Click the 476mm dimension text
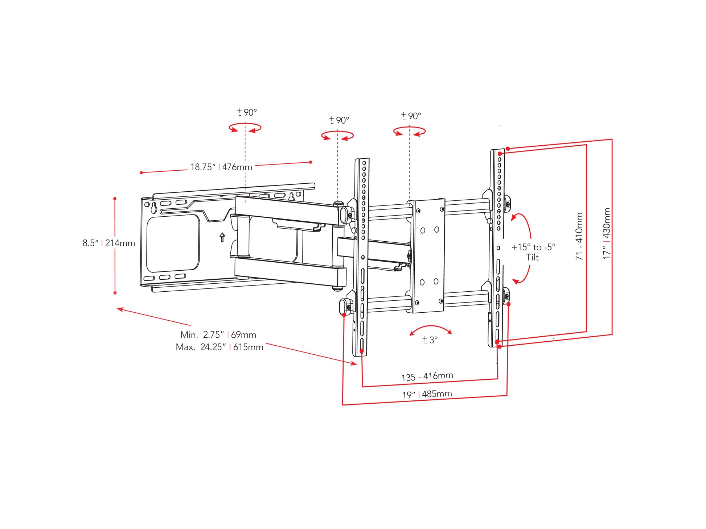237,167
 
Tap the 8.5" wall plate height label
91,243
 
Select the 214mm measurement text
120,243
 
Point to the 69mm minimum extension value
243,334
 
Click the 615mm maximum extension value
248,347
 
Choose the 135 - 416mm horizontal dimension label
427,376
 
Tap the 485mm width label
437,393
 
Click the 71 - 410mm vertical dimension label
579,236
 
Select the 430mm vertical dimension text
607,223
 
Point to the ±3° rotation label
430,340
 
